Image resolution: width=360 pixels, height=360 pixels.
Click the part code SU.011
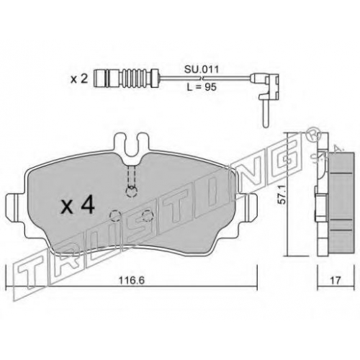click(202, 70)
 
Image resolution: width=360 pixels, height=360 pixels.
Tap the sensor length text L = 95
click(202, 87)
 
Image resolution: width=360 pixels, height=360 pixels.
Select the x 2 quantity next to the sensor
click(79, 78)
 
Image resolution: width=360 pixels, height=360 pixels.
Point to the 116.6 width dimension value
click(131, 280)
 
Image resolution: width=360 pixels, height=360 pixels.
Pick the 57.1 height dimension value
click(283, 194)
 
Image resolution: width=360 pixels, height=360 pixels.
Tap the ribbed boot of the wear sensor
click(131, 78)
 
